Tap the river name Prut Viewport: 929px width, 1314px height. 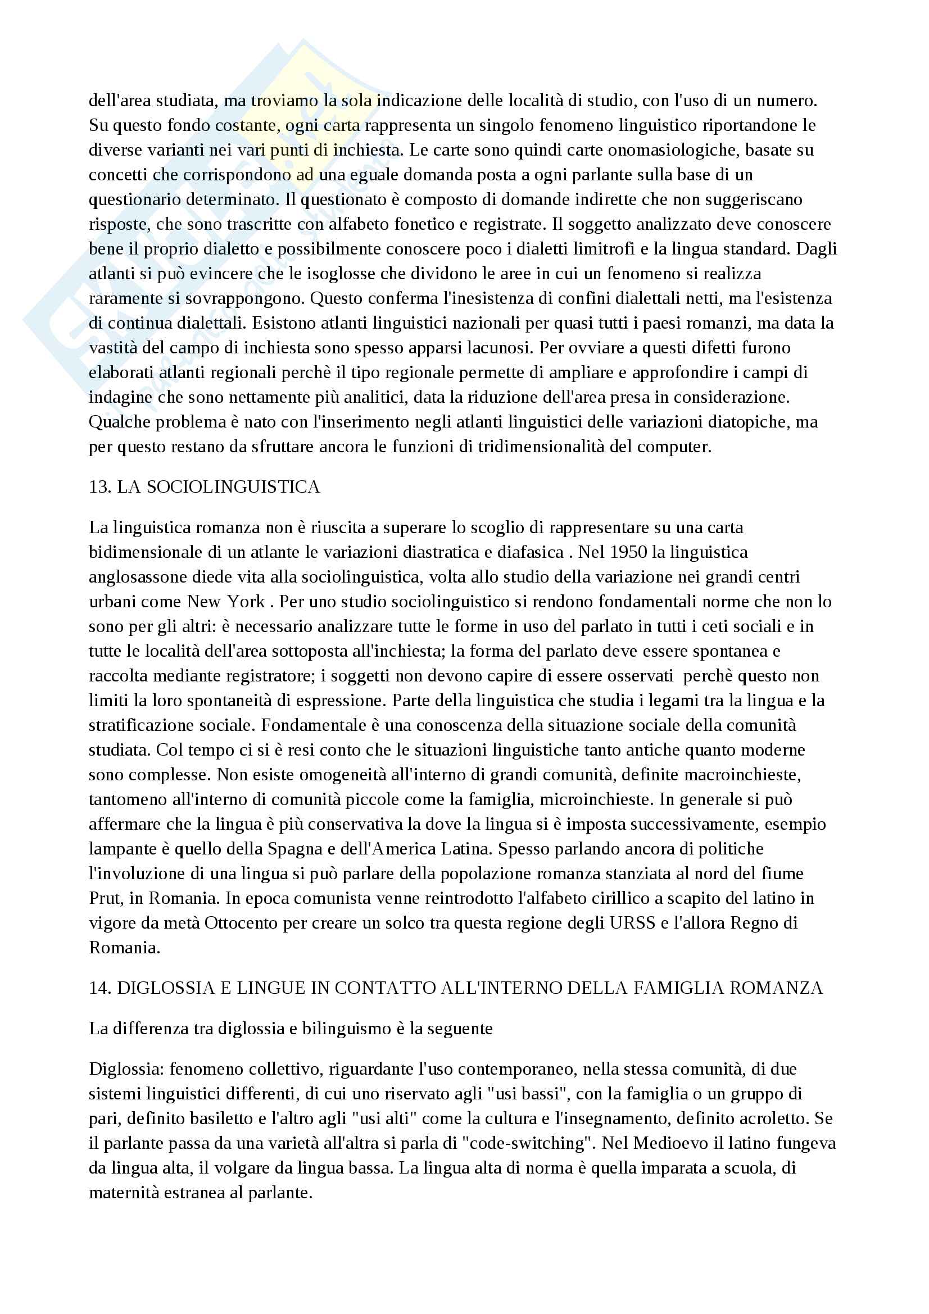105,898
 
